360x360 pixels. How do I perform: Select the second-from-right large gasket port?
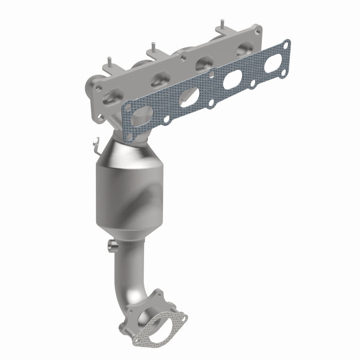tap(230, 80)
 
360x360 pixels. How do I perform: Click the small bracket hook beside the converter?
tap(95, 144)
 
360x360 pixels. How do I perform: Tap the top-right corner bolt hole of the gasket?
tap(286, 44)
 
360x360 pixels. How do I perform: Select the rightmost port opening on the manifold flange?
tap(245, 47)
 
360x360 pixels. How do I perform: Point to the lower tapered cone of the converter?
tap(126, 229)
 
